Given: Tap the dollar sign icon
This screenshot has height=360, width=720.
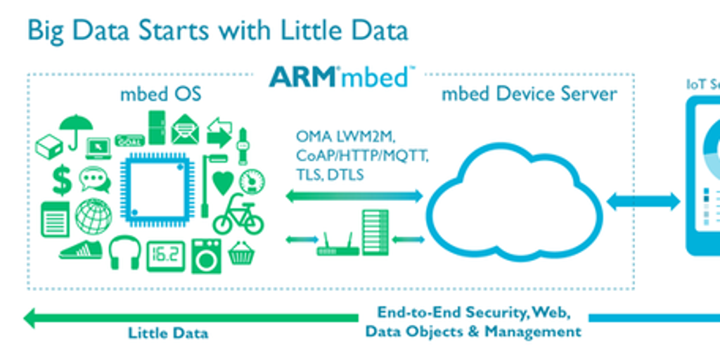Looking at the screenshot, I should coord(62,180).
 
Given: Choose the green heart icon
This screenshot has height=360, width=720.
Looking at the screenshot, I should coord(223,182).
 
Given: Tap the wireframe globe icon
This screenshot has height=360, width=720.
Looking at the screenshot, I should coord(94,216).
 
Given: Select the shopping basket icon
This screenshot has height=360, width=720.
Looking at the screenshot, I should coord(241,252).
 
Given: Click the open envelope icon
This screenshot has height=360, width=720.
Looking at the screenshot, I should coord(185,130).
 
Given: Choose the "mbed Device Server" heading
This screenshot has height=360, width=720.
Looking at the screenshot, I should coord(529,94).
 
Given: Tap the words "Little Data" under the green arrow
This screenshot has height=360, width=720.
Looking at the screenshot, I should coord(168,333).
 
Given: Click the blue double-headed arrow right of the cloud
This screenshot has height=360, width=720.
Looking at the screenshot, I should coord(643,202).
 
